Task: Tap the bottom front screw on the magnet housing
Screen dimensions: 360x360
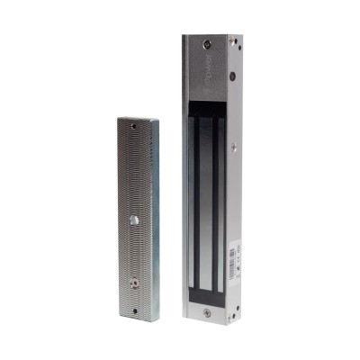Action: pos(206,312)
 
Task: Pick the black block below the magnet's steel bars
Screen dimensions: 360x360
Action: pos(205,293)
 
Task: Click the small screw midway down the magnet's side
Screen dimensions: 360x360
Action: pos(234,146)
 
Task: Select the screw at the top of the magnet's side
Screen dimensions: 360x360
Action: pos(231,41)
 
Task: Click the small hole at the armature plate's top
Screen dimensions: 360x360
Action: pos(134,127)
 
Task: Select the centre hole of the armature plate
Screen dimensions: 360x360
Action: pos(135,220)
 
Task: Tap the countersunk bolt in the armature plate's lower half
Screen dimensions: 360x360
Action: pos(135,280)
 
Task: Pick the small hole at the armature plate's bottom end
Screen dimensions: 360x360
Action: pos(136,311)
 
